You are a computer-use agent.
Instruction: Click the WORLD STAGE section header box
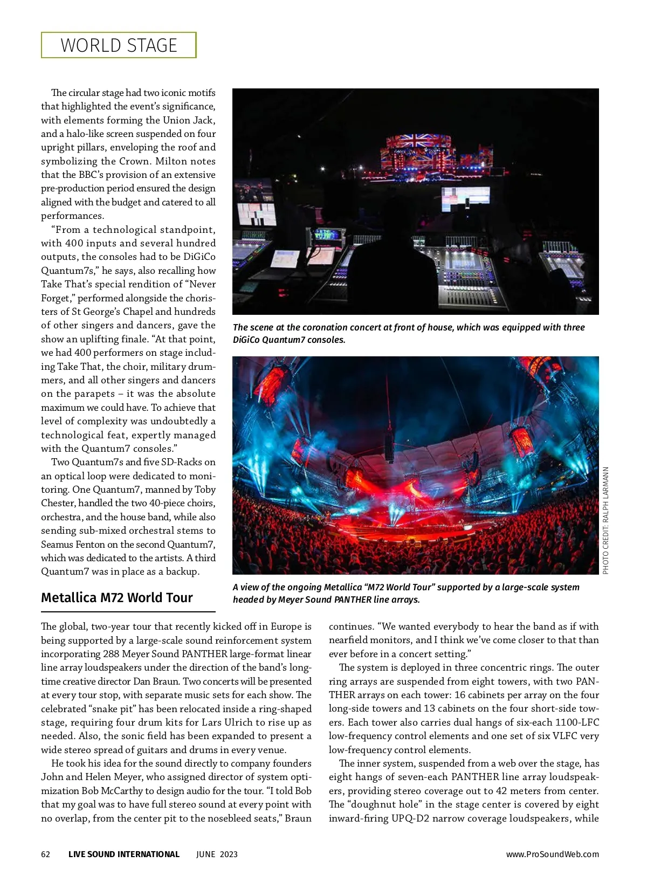pos(119,45)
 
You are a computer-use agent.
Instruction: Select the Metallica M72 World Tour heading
pos(117,598)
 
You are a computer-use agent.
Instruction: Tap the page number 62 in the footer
pos(46,854)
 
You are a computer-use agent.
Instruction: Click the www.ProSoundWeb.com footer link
pos(552,854)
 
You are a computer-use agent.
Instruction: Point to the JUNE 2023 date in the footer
pos(217,854)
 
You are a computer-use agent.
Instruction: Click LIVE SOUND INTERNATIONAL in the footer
pos(123,854)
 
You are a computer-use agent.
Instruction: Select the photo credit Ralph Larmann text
pos(605,520)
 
